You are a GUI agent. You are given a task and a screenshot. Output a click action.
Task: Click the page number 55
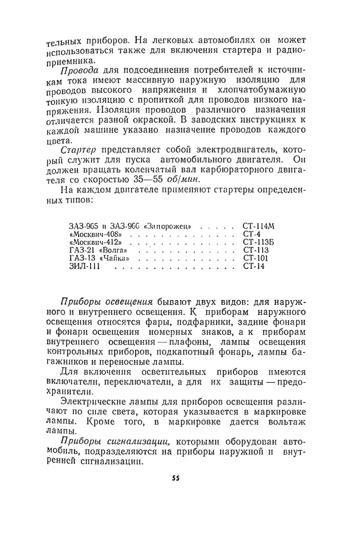pyautogui.click(x=176, y=478)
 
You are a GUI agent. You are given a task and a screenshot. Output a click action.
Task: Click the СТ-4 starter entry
pyautogui.click(x=251, y=233)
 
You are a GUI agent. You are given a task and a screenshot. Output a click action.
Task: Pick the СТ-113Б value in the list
pyautogui.click(x=258, y=242)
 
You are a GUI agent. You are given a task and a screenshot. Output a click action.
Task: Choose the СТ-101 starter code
pyautogui.click(x=255, y=258)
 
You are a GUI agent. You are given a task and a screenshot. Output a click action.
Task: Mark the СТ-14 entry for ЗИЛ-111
pyautogui.click(x=253, y=266)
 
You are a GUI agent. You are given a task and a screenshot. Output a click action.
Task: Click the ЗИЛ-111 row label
pyautogui.click(x=85, y=266)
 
